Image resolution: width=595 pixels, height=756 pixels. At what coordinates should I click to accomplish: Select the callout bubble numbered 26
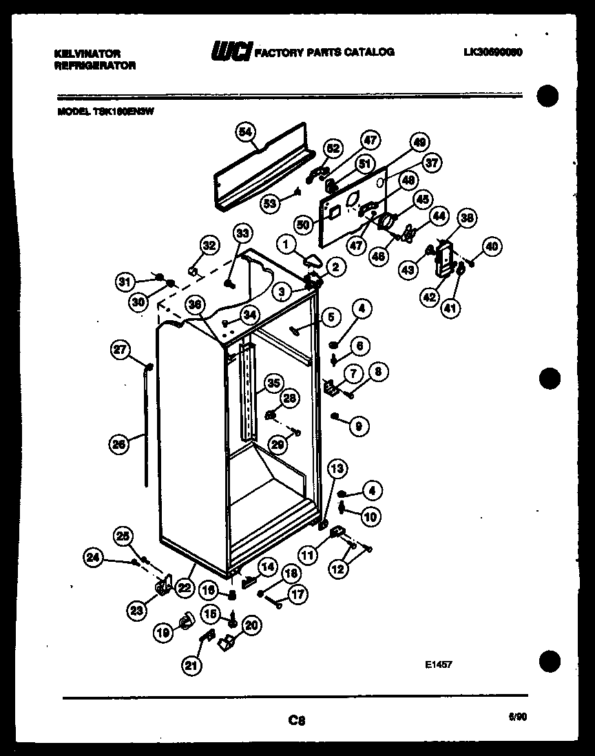(x=120, y=445)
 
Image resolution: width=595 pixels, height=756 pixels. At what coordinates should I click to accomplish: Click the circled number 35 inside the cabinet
(x=274, y=383)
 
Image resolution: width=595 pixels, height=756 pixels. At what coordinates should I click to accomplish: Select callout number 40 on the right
(x=492, y=246)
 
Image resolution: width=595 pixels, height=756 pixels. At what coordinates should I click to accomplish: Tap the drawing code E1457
(x=437, y=664)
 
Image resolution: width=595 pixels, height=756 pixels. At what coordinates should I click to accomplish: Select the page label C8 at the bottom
(x=297, y=721)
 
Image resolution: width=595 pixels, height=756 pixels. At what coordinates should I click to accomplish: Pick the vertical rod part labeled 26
(x=147, y=427)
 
